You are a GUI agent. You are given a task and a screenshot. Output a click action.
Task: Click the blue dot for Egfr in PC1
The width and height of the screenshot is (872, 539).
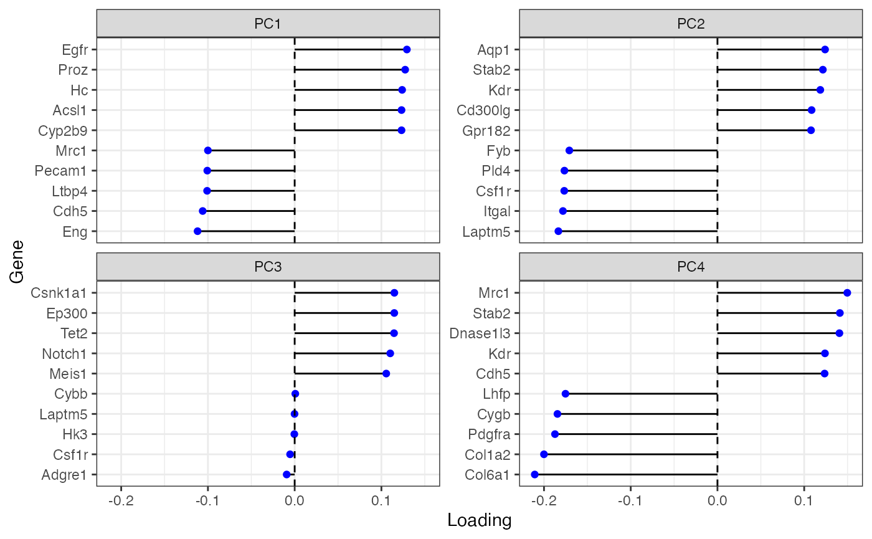coord(407,49)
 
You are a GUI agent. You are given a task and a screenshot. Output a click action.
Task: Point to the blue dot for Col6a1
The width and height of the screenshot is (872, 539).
coord(534,475)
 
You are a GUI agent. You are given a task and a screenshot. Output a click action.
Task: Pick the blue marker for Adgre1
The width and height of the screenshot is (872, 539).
coord(287,475)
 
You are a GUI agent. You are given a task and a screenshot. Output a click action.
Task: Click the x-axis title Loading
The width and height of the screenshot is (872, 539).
coord(480,520)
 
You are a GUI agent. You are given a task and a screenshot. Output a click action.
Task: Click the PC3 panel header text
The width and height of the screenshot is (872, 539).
coord(268,267)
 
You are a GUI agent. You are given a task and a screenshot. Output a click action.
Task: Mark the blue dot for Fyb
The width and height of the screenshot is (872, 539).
coord(569,151)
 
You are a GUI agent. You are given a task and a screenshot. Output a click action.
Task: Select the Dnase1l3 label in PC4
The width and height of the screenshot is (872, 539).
coord(480,333)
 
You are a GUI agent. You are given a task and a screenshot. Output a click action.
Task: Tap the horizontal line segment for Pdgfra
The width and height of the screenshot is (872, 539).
coord(635,434)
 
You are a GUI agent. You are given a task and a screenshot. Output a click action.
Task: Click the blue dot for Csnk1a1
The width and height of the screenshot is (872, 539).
coord(394,292)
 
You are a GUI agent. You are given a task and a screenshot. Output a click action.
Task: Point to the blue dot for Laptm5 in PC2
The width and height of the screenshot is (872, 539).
coord(558,232)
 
